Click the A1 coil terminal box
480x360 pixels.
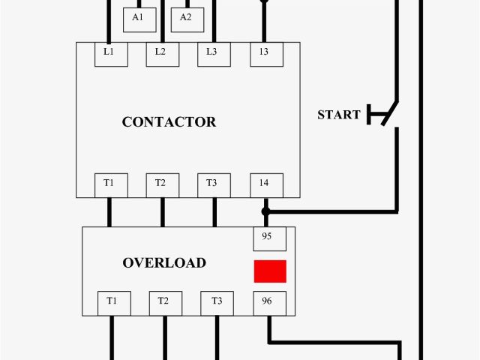click(138, 18)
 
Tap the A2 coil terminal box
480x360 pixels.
click(186, 18)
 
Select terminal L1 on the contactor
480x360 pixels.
click(109, 52)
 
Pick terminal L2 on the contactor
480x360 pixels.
click(160, 52)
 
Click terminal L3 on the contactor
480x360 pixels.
click(214, 52)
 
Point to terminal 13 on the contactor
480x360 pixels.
click(265, 52)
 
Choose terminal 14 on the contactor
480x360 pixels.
click(265, 184)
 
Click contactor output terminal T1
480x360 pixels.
click(109, 184)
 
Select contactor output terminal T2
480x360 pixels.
click(161, 184)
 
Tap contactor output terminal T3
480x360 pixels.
click(214, 184)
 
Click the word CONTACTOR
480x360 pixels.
click(169, 122)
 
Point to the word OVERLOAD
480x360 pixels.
click(164, 263)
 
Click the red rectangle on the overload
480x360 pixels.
click(270, 271)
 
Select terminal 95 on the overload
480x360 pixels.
click(267, 238)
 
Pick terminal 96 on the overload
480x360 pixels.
click(267, 302)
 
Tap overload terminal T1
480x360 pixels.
click(112, 302)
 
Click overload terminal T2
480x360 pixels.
click(164, 302)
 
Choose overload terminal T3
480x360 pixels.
click(217, 302)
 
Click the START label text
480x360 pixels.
click(339, 115)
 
